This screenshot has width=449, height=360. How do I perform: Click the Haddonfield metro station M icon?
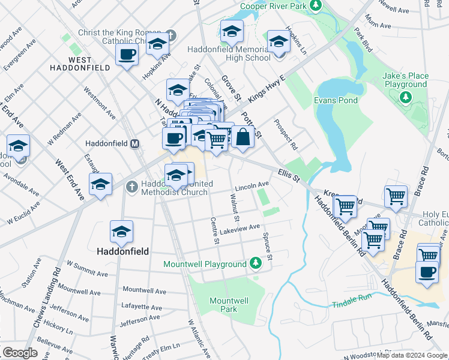(x=135, y=144)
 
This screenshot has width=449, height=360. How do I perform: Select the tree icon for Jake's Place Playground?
(x=406, y=96)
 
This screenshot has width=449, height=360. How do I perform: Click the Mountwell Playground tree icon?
(x=255, y=263)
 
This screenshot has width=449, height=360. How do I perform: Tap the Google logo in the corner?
(x=20, y=352)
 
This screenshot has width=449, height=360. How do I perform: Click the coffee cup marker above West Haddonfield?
(x=127, y=56)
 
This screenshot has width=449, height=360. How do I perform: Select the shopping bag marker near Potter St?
(x=243, y=137)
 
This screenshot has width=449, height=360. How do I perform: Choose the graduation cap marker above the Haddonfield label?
(x=121, y=233)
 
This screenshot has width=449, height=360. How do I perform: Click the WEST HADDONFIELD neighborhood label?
(x=88, y=64)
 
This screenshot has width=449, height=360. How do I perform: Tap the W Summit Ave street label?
(x=87, y=268)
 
